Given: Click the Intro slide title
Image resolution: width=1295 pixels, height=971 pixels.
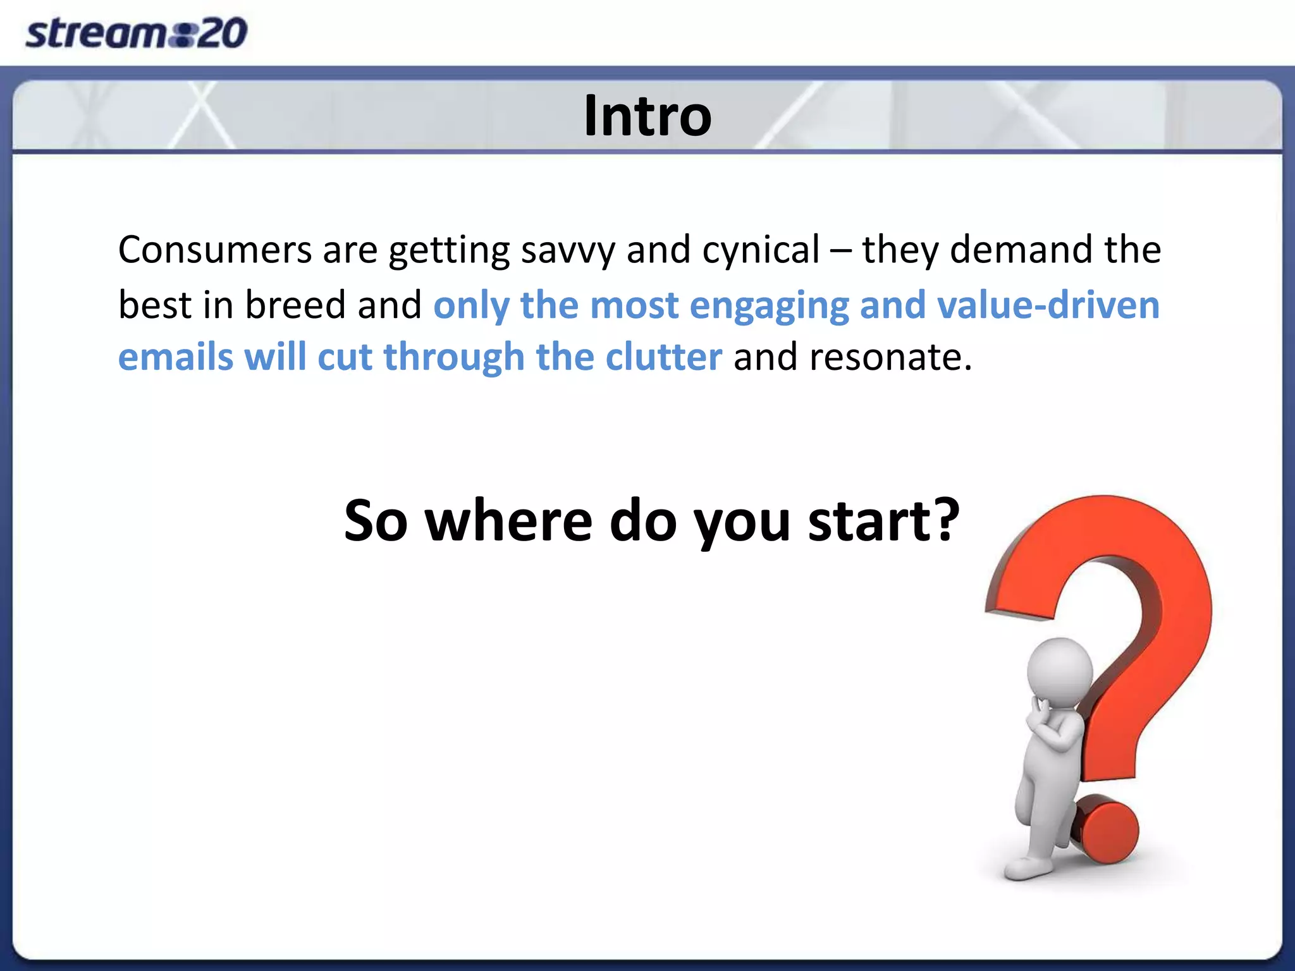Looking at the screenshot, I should [647, 116].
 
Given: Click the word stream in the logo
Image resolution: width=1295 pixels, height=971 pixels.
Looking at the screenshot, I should [95, 34].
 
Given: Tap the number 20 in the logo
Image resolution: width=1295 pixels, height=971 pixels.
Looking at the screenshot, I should [221, 34].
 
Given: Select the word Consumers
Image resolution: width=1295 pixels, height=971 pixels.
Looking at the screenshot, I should [215, 250].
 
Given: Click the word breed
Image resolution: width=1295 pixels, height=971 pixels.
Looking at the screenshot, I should [295, 305].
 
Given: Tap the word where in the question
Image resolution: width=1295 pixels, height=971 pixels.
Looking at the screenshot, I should [508, 521].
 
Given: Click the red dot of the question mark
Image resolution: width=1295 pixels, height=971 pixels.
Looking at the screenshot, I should [1107, 831].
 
